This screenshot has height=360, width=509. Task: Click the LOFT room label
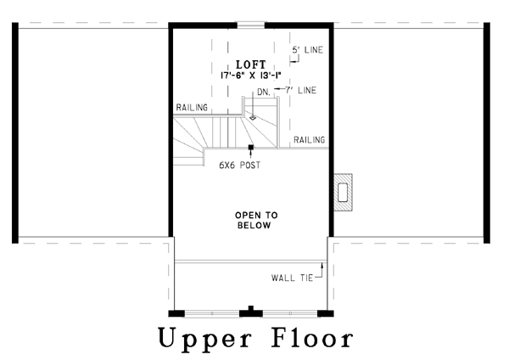point(250,65)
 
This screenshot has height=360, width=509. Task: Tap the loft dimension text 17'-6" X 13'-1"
point(250,76)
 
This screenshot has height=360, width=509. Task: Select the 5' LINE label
point(307,50)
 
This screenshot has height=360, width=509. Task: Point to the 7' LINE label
point(300,90)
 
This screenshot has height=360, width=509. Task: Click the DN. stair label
point(264,93)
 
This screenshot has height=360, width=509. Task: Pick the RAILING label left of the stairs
point(192,108)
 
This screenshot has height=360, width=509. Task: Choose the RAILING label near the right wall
point(309,140)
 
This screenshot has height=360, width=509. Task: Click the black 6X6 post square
point(250,147)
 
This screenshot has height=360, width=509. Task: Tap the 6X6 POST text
point(240,165)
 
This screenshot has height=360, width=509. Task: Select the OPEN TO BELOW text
point(255,220)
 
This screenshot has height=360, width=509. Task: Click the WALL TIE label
point(292,278)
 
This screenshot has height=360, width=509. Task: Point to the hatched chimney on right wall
point(344,193)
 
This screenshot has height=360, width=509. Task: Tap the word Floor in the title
point(312,337)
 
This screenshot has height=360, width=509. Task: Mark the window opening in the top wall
point(250,25)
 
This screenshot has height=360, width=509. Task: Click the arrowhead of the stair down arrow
point(253,118)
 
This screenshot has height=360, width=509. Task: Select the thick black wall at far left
point(15,133)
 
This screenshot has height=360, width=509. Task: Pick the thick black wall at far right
point(487,133)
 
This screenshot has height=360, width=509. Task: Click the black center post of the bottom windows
point(250,312)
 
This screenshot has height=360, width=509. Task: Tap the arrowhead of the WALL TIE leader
point(322,265)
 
